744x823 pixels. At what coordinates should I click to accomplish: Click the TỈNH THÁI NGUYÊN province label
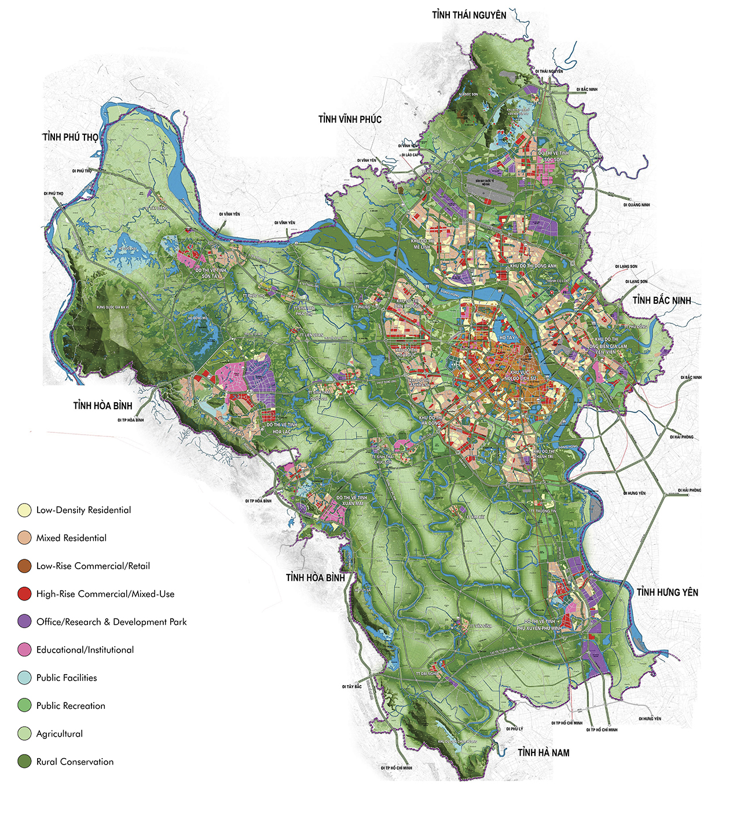click(469, 15)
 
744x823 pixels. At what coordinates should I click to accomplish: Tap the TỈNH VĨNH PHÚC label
click(350, 119)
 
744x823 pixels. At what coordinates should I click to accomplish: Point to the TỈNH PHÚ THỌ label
click(70, 137)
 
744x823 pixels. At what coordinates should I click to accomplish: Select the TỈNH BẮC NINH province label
click(662, 300)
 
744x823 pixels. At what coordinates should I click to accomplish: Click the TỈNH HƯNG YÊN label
click(667, 592)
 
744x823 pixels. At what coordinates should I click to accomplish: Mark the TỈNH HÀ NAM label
click(543, 752)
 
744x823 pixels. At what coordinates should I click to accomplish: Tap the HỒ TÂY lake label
click(507, 337)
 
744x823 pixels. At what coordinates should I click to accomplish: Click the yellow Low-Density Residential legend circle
click(24, 510)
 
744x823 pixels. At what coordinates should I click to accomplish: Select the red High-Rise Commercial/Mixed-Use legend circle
click(24, 594)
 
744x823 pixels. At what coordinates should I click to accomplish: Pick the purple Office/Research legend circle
click(24, 622)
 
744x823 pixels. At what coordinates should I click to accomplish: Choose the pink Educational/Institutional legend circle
click(24, 650)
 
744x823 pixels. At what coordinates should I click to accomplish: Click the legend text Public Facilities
click(67, 678)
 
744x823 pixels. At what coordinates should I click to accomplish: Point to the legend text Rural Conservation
click(75, 762)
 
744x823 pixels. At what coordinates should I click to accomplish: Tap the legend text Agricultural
click(59, 734)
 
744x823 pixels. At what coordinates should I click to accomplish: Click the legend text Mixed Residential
click(71, 538)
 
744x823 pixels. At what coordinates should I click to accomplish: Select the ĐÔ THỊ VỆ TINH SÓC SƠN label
click(553, 156)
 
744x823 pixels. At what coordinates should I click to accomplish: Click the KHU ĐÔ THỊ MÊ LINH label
click(421, 243)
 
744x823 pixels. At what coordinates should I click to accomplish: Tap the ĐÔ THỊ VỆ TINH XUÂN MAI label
click(351, 501)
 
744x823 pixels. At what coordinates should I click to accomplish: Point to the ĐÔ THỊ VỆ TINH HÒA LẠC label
click(282, 428)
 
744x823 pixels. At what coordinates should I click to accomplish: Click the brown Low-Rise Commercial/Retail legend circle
click(24, 566)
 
